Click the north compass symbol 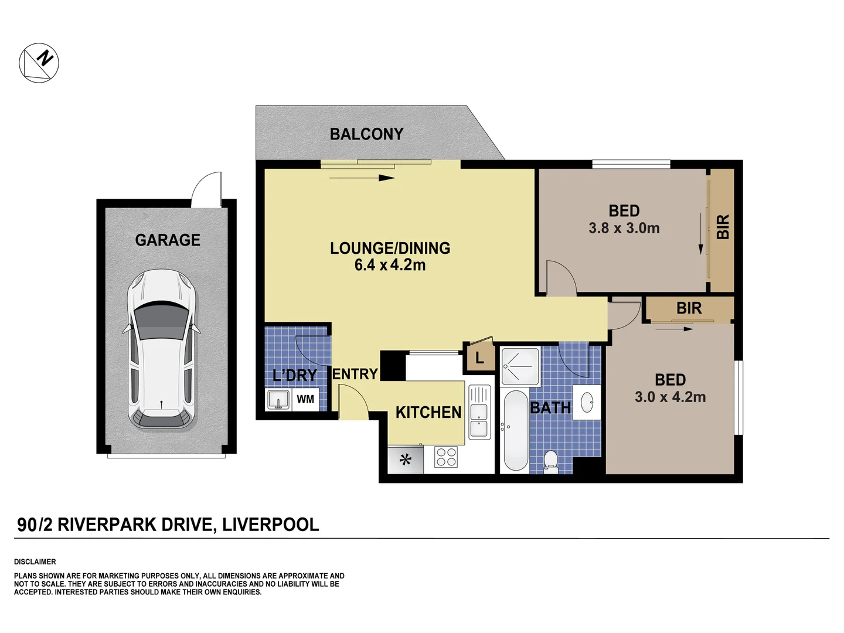click(39, 63)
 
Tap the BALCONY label click(366, 134)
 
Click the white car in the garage click(161, 349)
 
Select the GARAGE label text click(168, 240)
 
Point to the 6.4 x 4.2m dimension click(390, 266)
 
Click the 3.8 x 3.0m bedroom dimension click(624, 229)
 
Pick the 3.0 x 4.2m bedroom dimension click(670, 397)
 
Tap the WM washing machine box click(305, 399)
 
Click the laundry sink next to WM click(278, 400)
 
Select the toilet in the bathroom click(550, 460)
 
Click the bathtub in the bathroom click(515, 430)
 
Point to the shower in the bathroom click(519, 367)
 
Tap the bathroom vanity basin click(587, 403)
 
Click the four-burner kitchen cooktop click(446, 457)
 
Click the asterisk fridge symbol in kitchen click(405, 460)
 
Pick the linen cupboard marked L click(479, 358)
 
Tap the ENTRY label click(355, 374)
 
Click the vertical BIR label click(723, 227)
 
